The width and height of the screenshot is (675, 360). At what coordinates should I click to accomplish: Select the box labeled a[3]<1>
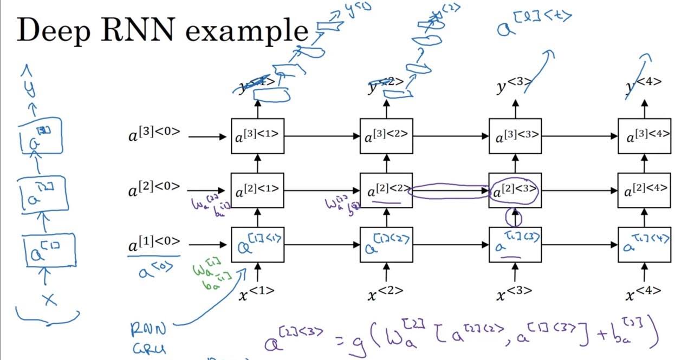click(257, 136)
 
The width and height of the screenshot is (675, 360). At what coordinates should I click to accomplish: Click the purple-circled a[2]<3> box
click(515, 191)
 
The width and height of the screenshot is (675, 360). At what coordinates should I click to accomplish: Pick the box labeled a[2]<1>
click(257, 191)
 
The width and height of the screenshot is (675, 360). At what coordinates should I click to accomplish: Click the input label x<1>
click(257, 293)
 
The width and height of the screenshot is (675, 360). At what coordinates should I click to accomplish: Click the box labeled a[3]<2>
click(386, 136)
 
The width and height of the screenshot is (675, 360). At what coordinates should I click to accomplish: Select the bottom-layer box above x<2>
click(386, 245)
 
